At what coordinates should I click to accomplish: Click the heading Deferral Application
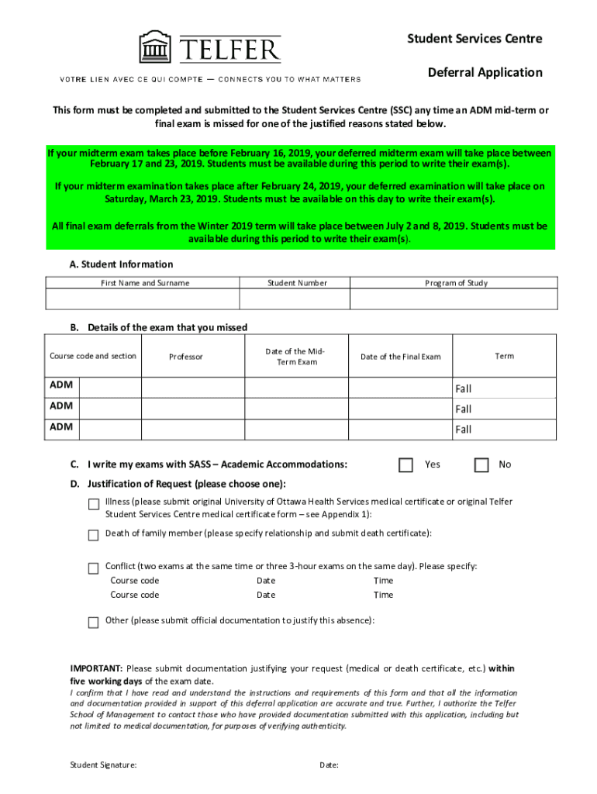(x=485, y=72)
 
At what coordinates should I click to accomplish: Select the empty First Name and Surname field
(x=143, y=299)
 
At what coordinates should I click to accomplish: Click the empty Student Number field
(x=295, y=299)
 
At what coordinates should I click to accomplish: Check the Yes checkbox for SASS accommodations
(x=405, y=465)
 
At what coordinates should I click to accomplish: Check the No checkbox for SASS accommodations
(x=481, y=465)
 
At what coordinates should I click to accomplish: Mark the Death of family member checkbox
(x=93, y=535)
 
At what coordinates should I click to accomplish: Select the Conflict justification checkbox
(x=93, y=568)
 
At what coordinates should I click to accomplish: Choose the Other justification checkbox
(x=93, y=622)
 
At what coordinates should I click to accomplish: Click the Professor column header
(x=186, y=357)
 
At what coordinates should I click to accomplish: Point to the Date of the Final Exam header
(x=400, y=357)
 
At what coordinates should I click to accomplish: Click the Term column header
(x=504, y=356)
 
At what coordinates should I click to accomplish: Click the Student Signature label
(x=103, y=765)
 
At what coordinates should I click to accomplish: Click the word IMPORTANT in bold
(x=96, y=668)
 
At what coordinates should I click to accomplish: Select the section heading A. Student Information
(x=121, y=264)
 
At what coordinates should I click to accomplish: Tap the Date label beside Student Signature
(x=329, y=765)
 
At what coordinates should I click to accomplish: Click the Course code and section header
(x=93, y=356)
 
